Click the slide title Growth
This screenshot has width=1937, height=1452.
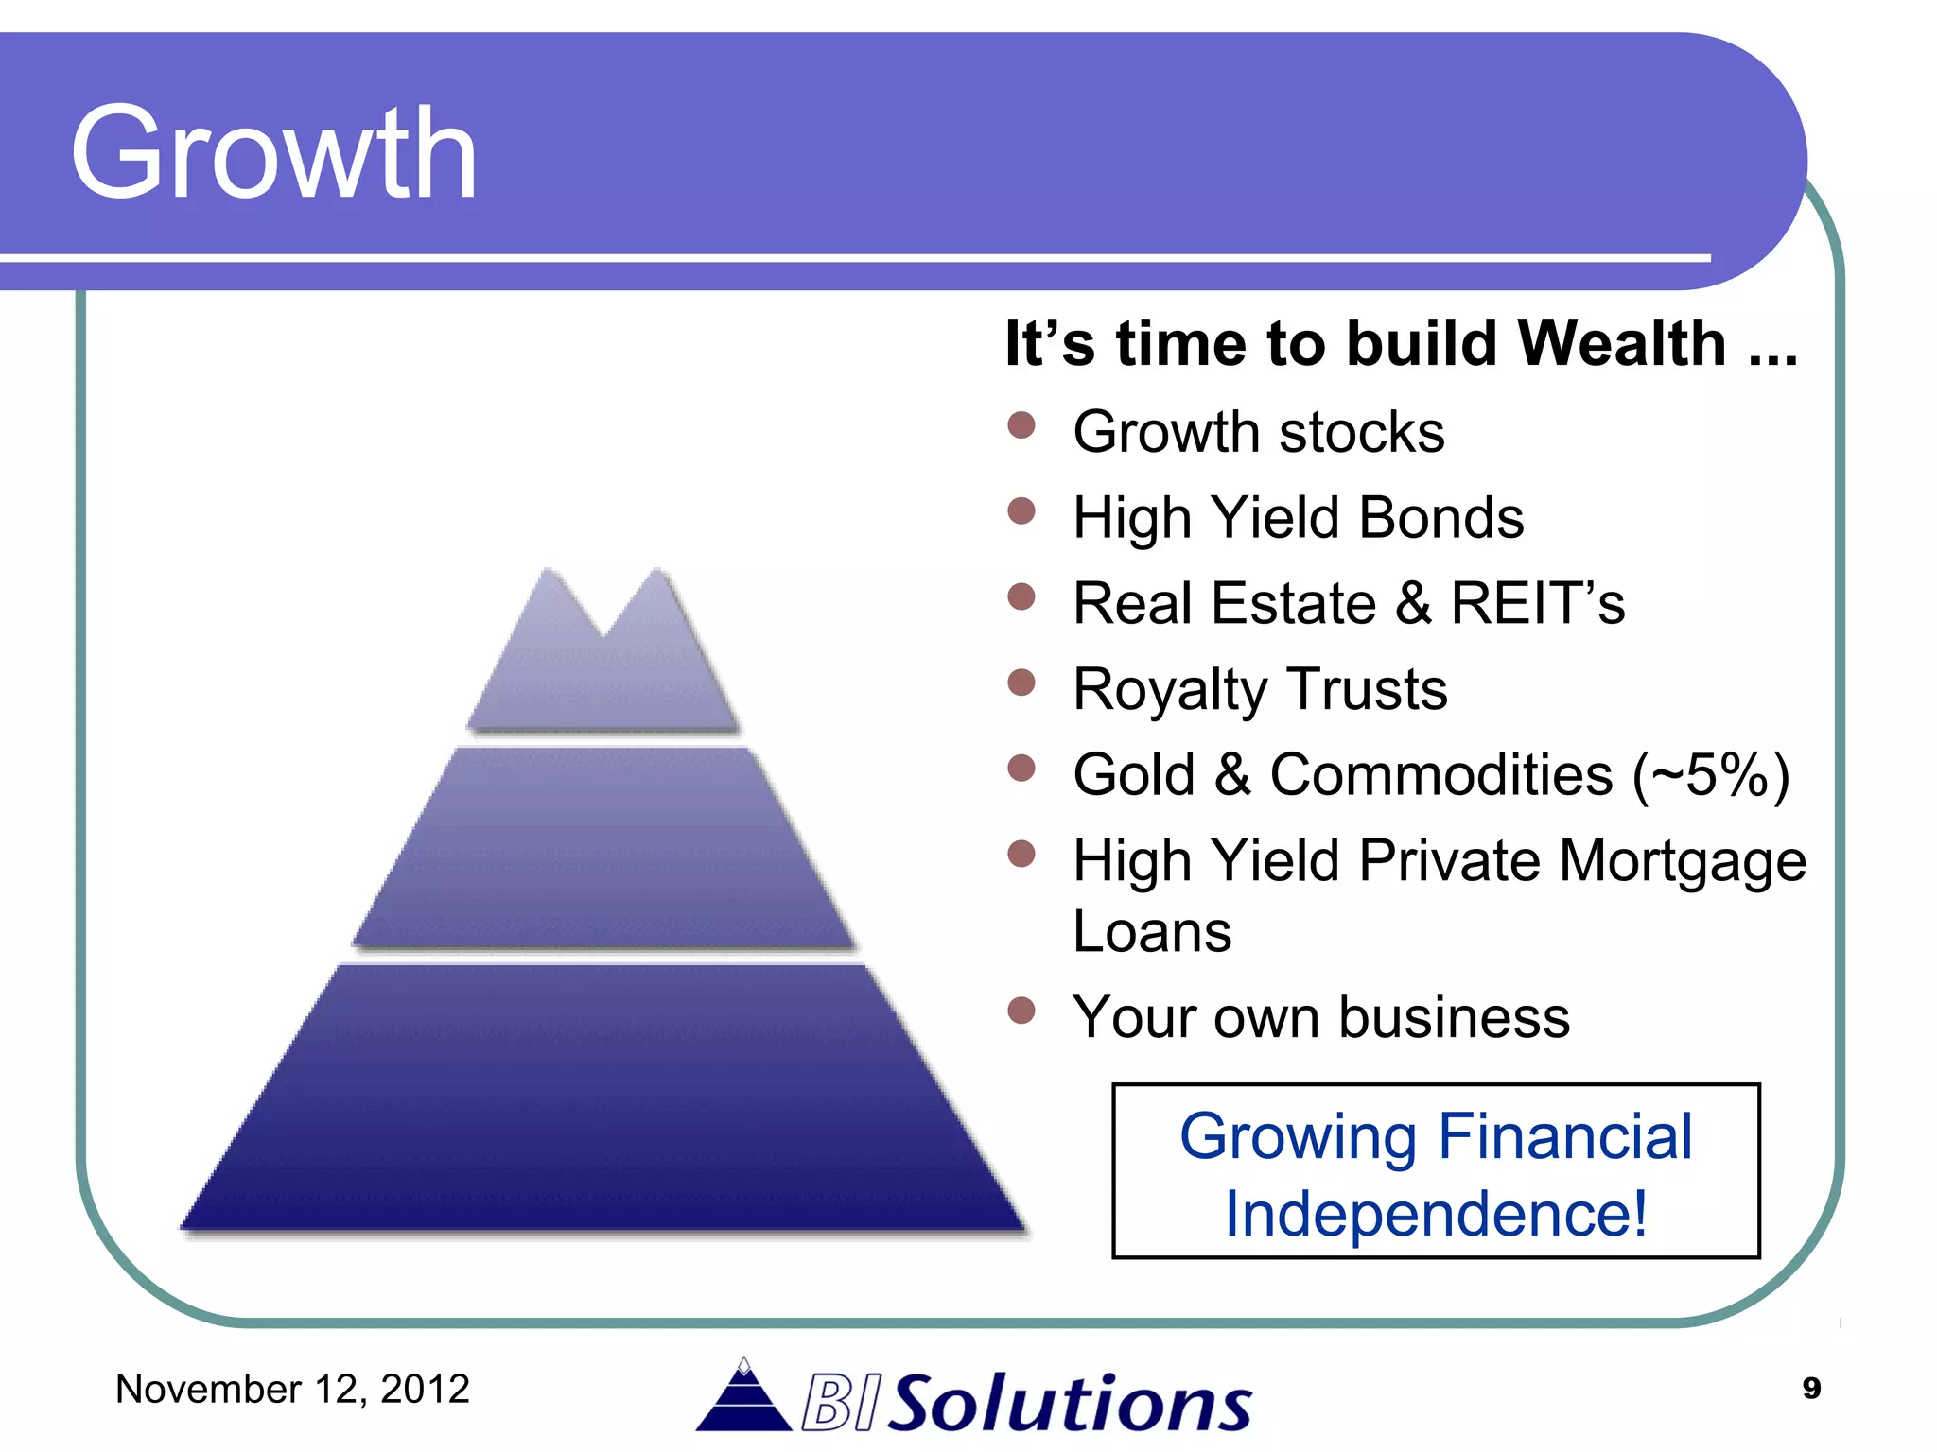(273, 153)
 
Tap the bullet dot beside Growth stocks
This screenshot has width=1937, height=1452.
(1021, 425)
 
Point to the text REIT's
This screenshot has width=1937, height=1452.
(1537, 603)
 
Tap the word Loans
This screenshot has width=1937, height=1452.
(1152, 932)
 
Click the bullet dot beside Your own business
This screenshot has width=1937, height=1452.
(1021, 1011)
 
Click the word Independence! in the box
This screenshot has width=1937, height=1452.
(1435, 1214)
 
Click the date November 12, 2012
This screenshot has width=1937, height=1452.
(292, 1389)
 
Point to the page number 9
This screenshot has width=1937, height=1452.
(1811, 1388)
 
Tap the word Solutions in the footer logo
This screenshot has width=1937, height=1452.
(1073, 1403)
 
